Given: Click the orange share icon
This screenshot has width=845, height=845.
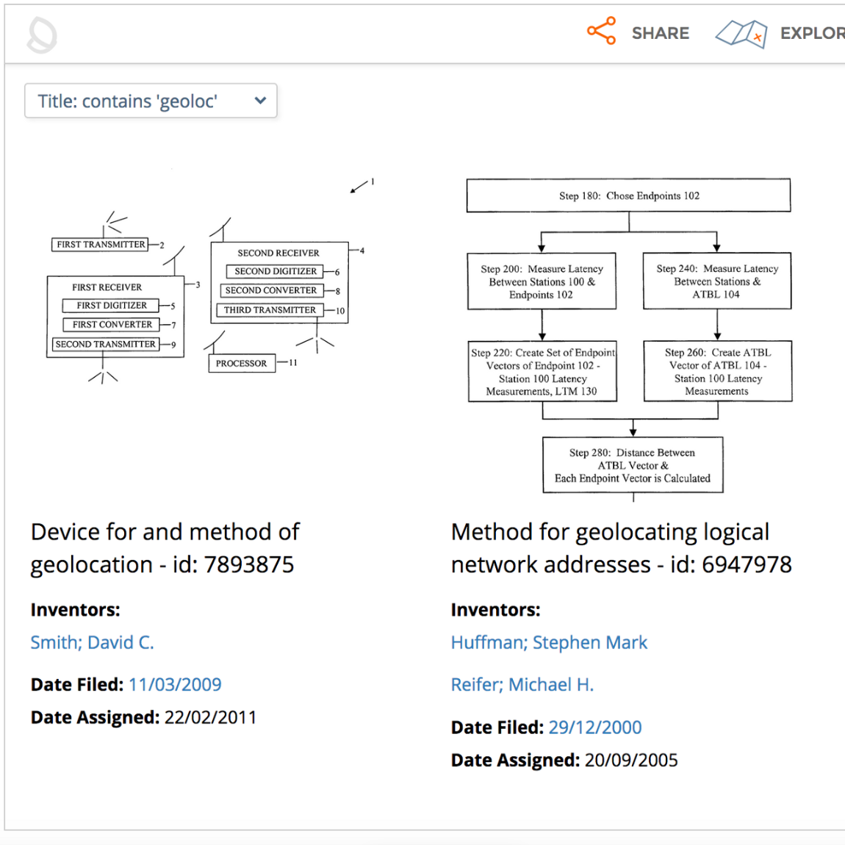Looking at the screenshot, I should (601, 32).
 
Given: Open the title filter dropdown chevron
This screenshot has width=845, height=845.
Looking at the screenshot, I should (260, 101).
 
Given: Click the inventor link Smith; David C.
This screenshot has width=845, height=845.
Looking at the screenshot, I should (93, 642).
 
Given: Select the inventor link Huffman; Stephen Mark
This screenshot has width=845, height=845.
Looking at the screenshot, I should (549, 642).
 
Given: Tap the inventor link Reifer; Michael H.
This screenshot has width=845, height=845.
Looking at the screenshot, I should (522, 685).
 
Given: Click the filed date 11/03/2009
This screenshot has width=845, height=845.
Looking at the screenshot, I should (175, 685).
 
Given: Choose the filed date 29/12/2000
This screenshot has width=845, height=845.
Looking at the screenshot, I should (594, 727).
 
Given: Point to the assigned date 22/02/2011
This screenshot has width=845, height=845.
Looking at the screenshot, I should (210, 717).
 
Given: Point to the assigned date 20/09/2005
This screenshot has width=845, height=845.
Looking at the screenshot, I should (630, 760).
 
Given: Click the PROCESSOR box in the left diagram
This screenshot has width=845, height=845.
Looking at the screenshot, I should (242, 363).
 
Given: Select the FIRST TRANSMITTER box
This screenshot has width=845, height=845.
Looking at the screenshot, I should (100, 245).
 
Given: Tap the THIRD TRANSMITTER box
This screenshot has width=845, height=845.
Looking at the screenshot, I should (270, 310).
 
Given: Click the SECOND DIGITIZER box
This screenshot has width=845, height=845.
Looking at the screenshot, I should (276, 271).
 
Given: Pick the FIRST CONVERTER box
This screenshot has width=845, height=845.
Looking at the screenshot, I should (112, 324).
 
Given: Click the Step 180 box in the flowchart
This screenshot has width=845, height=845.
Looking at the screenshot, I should (628, 195).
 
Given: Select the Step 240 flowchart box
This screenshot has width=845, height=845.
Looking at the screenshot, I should (716, 281).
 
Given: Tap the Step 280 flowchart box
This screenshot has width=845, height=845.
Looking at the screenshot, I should (632, 465).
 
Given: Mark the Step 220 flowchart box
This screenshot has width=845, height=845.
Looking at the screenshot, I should (542, 372).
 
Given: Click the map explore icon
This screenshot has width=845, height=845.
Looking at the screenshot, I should (741, 33).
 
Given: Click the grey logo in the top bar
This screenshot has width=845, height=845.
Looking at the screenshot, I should (42, 35).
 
